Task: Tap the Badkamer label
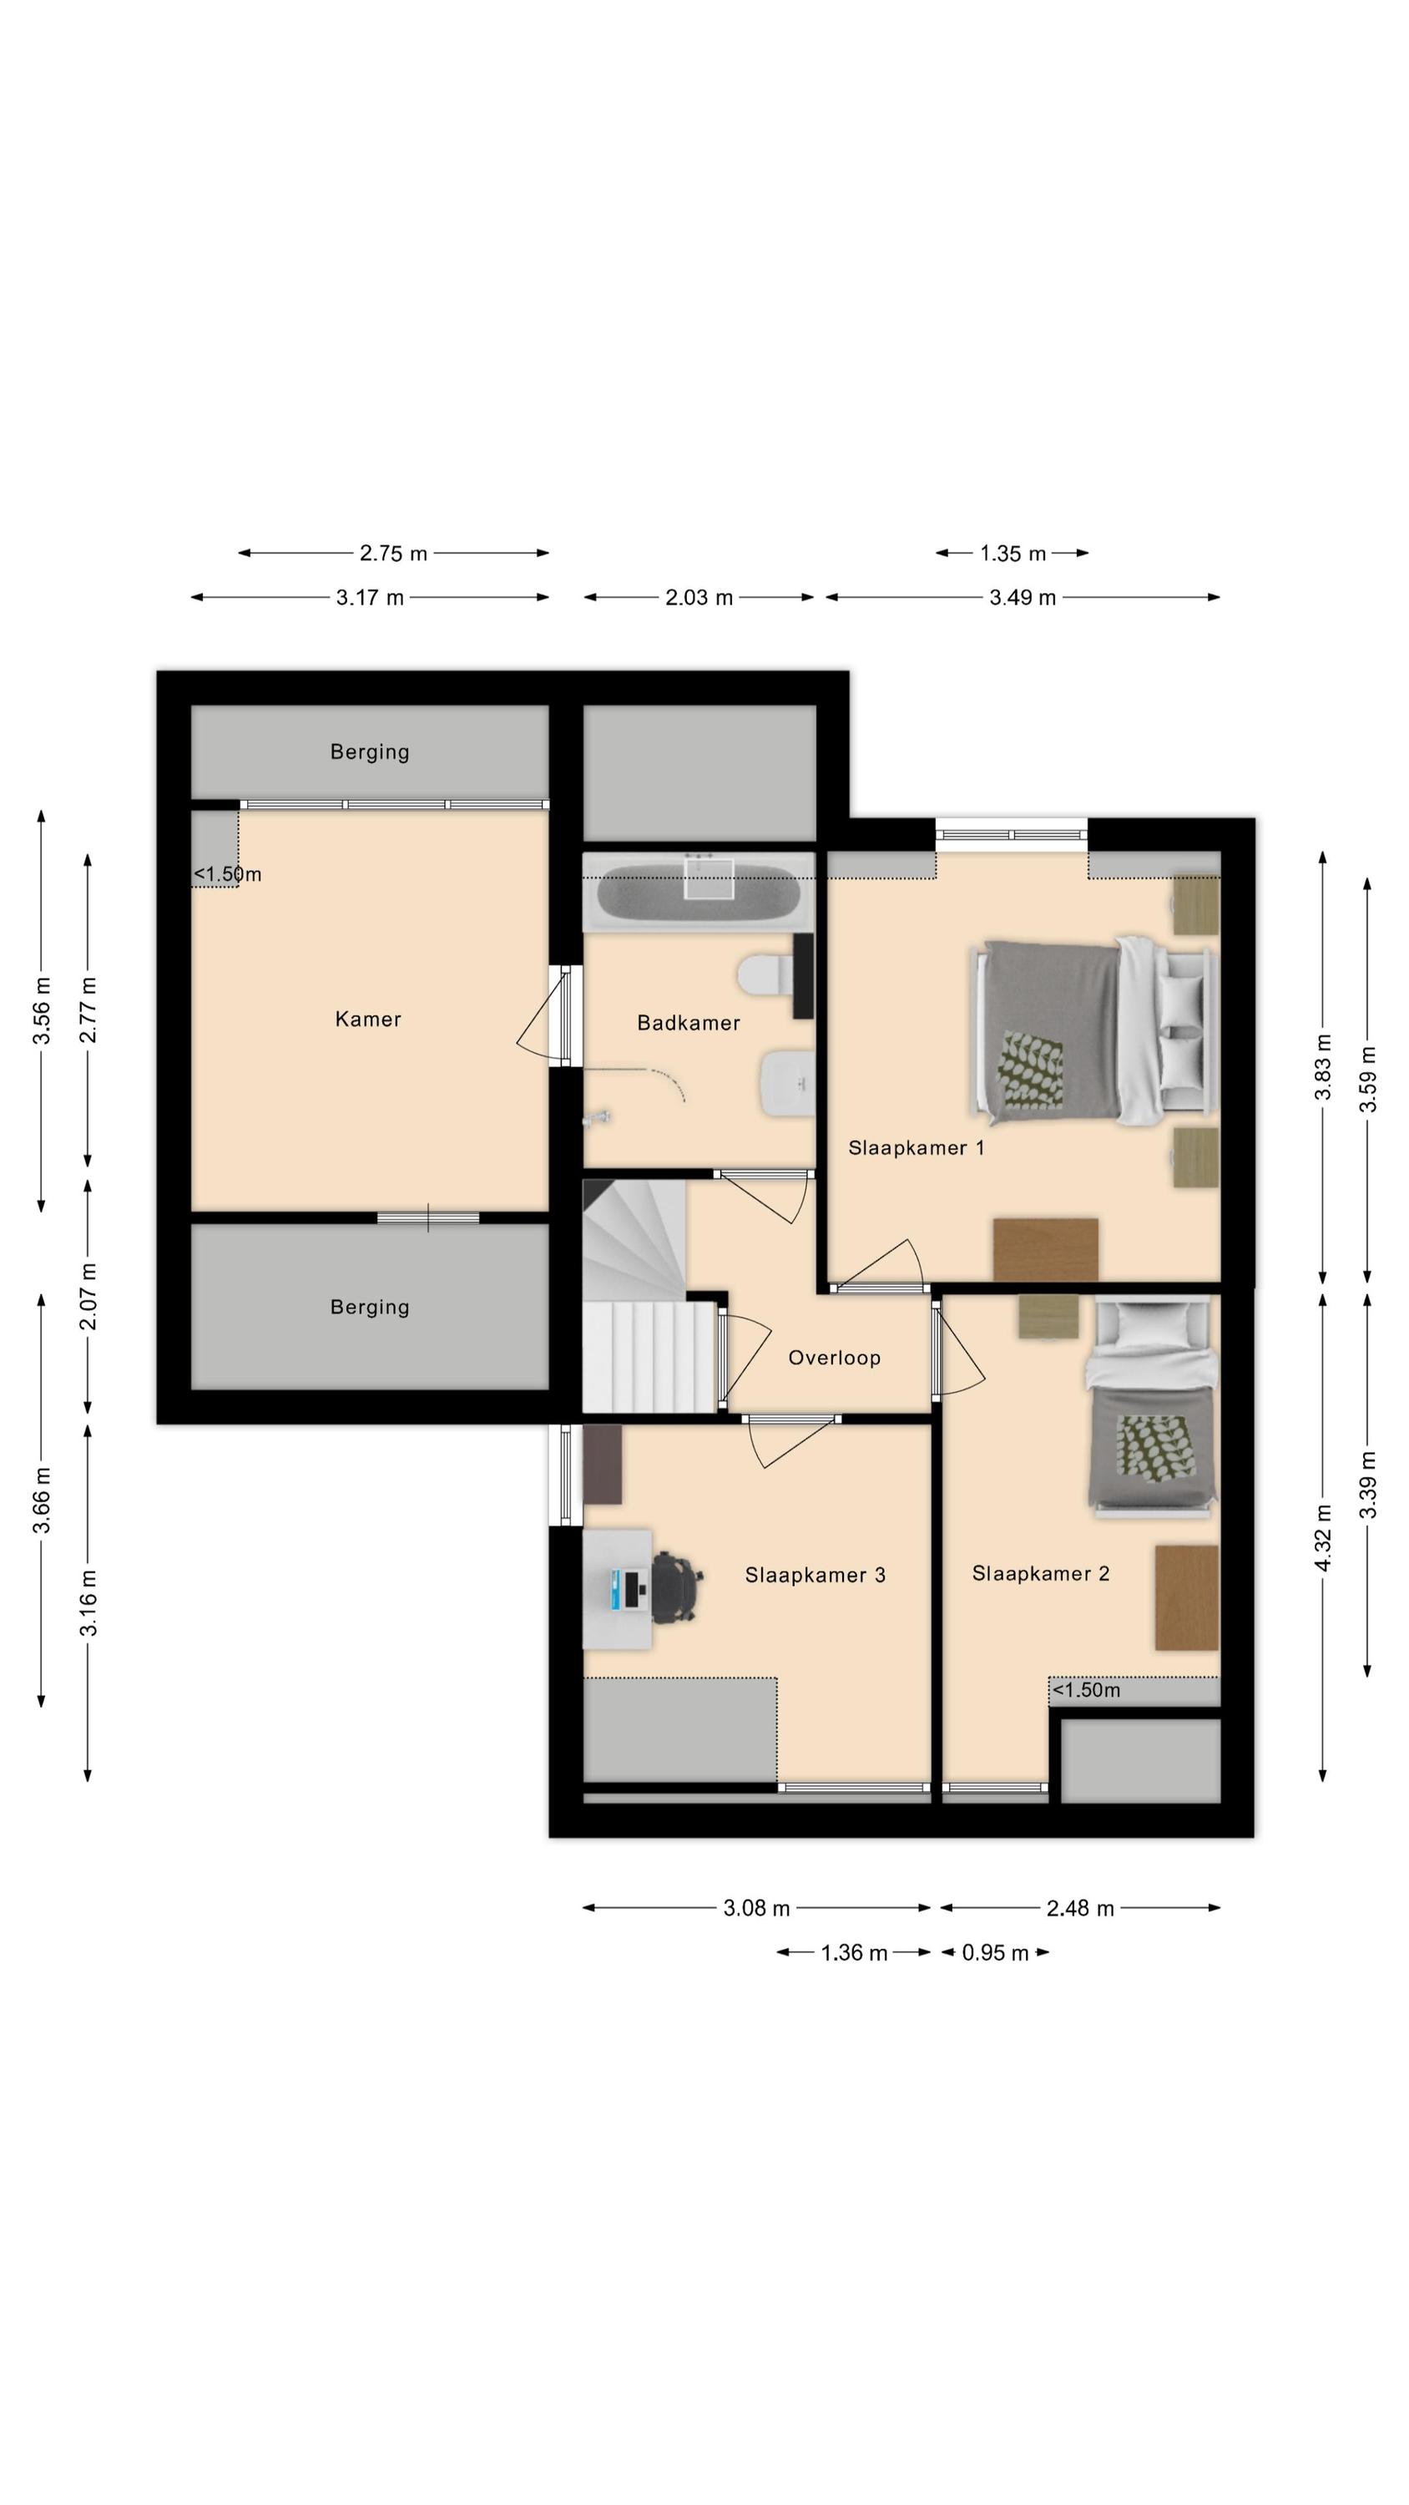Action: point(689,1023)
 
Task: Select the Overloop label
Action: point(835,1358)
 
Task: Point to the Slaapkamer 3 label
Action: point(815,1576)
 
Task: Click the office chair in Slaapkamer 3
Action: point(676,1588)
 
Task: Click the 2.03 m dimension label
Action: point(698,598)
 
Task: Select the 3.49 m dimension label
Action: point(1022,598)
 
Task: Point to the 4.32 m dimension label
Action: point(1322,1536)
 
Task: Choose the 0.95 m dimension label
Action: point(995,1953)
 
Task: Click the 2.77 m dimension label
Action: point(88,1010)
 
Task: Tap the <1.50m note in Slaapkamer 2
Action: point(1086,1690)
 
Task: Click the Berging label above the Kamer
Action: point(370,751)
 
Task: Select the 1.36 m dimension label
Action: point(854,1953)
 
